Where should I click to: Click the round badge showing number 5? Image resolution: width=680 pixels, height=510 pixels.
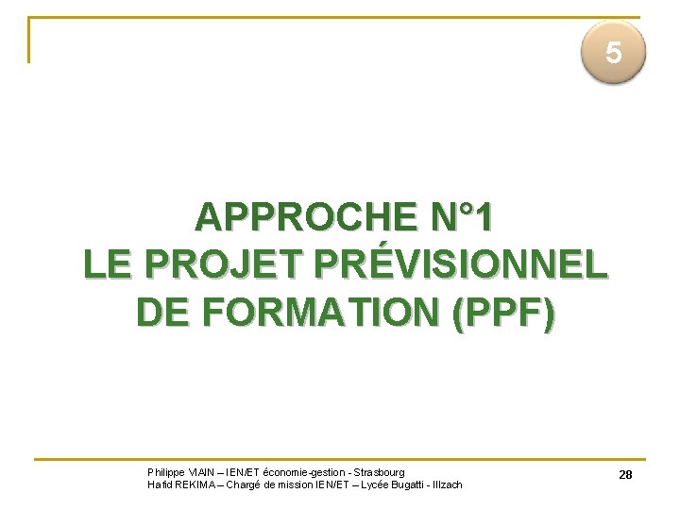[x=613, y=54]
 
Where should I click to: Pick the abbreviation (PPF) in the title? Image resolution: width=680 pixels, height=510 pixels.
[x=504, y=309]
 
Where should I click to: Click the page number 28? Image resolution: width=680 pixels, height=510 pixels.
[x=625, y=475]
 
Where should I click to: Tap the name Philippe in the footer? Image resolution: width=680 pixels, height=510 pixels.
[x=166, y=472]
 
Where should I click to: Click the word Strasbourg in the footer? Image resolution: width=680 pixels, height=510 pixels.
[x=378, y=472]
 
